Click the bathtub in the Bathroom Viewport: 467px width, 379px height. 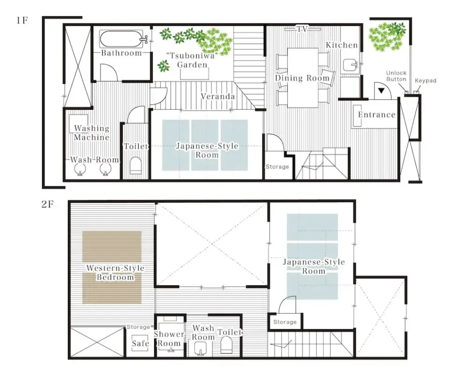(122, 39)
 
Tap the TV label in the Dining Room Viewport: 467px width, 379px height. (302, 29)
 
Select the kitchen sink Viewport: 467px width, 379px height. (350, 65)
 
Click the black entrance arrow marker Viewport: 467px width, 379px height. (381, 91)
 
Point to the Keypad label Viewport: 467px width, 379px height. (425, 80)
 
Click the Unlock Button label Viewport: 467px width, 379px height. (396, 76)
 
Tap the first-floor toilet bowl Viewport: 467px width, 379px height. (136, 165)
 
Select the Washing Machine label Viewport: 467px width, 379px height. (92, 133)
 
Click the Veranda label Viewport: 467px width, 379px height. (218, 96)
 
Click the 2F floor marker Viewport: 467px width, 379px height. (47, 205)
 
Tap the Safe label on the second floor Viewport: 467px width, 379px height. (140, 343)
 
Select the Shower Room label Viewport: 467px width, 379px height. (169, 339)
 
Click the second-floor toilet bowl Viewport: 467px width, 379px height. (226, 345)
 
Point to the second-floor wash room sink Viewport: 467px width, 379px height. (201, 348)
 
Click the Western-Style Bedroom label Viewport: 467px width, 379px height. (115, 272)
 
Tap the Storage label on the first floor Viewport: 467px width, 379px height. (277, 167)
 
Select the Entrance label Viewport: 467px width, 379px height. (377, 115)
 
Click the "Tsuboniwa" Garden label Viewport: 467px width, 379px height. (192, 60)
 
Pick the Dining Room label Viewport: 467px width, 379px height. (302, 78)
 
